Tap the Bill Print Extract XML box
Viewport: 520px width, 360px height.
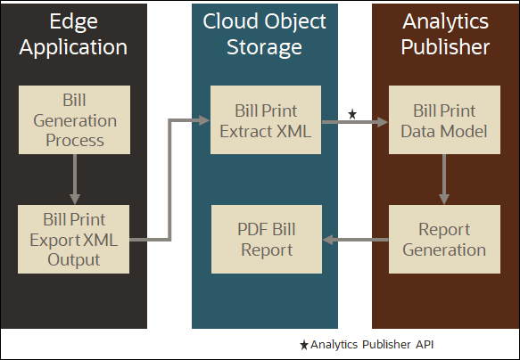pos(267,119)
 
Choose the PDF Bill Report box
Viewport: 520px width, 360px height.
pos(267,239)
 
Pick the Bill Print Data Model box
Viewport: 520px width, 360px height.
pos(443,119)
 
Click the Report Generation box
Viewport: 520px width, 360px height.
pos(443,239)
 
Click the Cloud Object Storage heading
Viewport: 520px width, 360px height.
pos(265,33)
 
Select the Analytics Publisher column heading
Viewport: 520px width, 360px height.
pos(443,33)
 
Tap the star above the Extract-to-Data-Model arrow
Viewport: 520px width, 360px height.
pos(352,114)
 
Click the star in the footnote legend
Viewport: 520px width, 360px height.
pos(304,344)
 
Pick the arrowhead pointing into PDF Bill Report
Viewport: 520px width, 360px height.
pos(328,239)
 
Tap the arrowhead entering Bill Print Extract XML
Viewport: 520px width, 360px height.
pos(204,119)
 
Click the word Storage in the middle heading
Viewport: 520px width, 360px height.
pos(265,46)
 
